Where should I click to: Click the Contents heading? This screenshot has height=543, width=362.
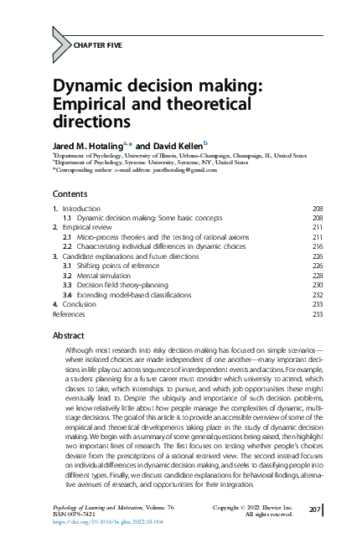70,194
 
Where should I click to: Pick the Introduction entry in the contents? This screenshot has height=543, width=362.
81,208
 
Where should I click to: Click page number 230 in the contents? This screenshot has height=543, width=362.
318,284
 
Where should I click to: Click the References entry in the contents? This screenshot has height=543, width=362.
69,313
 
